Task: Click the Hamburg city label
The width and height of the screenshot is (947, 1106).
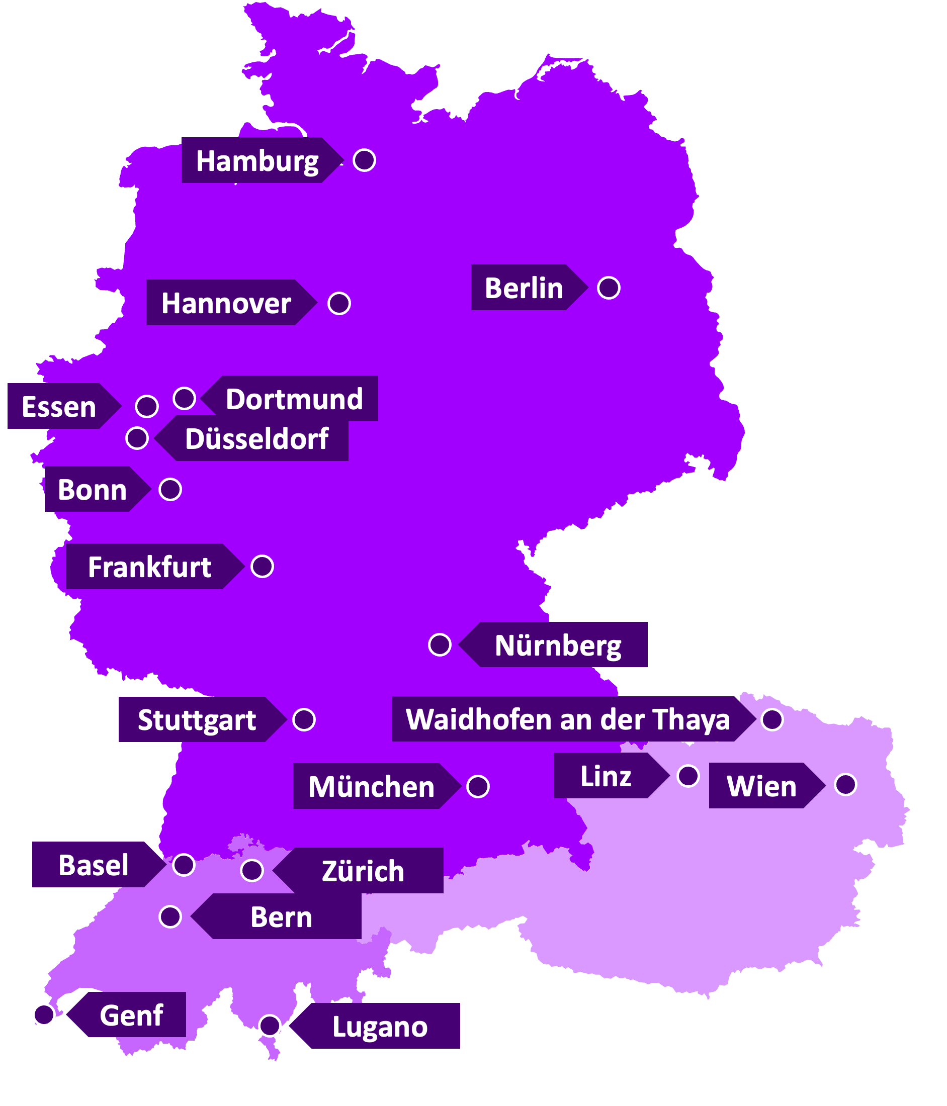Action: (x=257, y=161)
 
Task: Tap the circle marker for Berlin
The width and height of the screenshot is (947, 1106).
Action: (x=609, y=288)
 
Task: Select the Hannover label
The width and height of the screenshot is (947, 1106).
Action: (x=226, y=303)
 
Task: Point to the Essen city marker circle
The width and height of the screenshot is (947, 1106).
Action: (x=147, y=407)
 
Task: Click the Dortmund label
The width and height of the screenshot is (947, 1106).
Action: (x=294, y=399)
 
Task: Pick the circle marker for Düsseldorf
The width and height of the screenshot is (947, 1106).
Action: (x=137, y=438)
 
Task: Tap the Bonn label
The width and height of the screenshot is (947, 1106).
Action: (x=92, y=490)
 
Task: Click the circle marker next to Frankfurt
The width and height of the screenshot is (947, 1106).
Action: (x=262, y=567)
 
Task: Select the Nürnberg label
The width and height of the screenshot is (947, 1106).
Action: (x=558, y=646)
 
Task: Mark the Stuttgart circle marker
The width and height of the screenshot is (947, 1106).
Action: (x=304, y=719)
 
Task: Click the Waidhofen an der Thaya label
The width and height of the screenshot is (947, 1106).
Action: (x=567, y=719)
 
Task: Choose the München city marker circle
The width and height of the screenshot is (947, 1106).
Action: (x=477, y=786)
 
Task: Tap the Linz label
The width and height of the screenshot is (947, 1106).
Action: (x=605, y=776)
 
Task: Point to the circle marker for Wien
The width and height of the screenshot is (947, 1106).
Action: (x=845, y=785)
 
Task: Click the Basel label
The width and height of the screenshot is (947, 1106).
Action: (x=93, y=865)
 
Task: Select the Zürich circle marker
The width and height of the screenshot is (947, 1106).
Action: (x=252, y=871)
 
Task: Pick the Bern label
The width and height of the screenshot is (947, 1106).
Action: (x=281, y=917)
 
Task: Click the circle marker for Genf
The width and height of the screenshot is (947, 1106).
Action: (x=44, y=1014)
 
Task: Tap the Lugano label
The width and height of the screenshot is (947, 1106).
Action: (x=379, y=1027)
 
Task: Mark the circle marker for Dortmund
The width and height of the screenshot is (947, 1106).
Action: (x=184, y=398)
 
